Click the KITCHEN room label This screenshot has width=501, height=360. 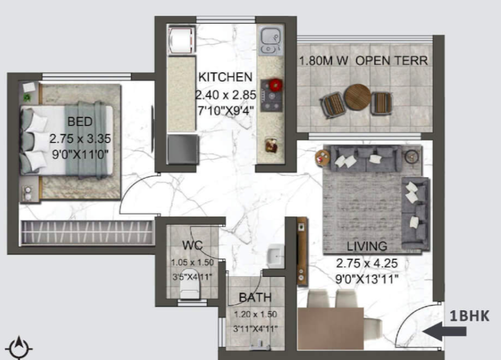tap(225, 77)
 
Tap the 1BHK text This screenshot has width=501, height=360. tap(469, 316)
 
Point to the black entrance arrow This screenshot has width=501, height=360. tap(444, 331)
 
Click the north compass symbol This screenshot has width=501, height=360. tap(19, 348)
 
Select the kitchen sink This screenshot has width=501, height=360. tap(271, 40)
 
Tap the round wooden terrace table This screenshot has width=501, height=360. tap(358, 97)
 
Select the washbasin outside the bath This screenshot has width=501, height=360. tap(275, 256)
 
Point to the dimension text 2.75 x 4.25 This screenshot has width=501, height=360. tap(367, 263)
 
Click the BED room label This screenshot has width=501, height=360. tap(80, 121)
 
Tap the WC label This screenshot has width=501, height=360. tap(192, 246)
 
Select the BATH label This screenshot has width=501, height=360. tap(255, 298)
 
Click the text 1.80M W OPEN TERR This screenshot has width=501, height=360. tap(363, 60)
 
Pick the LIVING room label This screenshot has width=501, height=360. tap(367, 246)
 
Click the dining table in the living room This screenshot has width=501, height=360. tap(330, 328)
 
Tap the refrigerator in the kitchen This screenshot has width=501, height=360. tap(182, 40)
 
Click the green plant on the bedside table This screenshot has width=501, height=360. tap(27, 97)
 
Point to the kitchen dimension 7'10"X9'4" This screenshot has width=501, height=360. tap(226, 111)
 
